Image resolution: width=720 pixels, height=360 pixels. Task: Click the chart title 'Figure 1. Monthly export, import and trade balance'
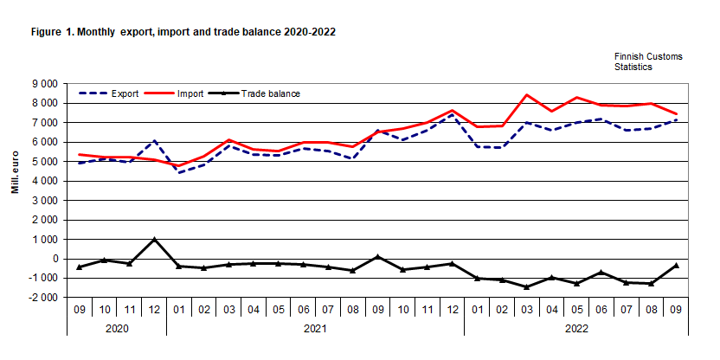(x=183, y=31)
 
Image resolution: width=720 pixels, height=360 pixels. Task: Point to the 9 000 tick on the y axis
(x=45, y=83)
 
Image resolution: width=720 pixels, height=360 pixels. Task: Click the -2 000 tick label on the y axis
(x=43, y=298)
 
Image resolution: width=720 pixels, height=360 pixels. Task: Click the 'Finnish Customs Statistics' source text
(x=648, y=61)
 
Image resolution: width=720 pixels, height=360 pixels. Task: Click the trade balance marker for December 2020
(x=153, y=240)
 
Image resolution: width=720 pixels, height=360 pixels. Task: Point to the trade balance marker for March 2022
(x=527, y=286)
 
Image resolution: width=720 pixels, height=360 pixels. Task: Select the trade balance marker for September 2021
(x=377, y=256)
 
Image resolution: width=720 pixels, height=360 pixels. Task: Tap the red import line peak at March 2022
(x=527, y=95)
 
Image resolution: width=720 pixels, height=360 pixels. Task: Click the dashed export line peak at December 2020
(x=153, y=140)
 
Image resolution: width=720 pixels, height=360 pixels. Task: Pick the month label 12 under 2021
(x=452, y=307)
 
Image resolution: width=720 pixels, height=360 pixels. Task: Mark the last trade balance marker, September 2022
(x=676, y=266)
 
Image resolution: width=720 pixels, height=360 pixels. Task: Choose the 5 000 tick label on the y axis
(x=45, y=161)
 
